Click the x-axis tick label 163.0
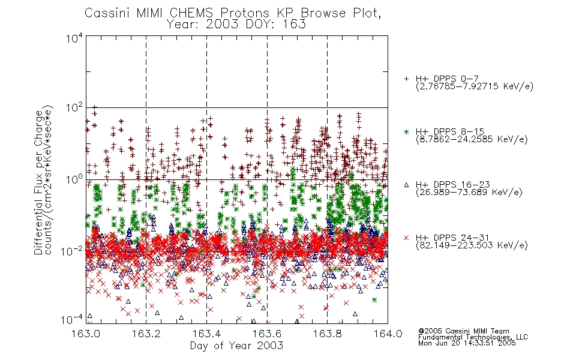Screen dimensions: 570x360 86,334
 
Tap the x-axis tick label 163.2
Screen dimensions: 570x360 146,334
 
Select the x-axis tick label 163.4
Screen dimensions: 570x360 207,334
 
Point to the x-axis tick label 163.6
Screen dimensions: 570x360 267,334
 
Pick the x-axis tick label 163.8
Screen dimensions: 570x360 328,334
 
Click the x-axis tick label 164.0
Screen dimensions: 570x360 388,334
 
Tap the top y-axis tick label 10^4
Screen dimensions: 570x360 74,38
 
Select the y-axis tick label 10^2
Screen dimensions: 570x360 74,108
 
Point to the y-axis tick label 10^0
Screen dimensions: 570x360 74,179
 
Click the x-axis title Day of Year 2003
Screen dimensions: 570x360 236,346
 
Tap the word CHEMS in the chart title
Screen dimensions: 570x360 191,13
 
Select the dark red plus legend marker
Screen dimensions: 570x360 406,79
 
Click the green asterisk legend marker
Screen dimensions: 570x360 406,131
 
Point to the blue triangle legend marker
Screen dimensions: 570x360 406,185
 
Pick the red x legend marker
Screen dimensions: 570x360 406,238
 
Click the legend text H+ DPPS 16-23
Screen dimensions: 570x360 452,185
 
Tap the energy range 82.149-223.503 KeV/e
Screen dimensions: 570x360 472,245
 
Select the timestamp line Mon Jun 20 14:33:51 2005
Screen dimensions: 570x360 467,343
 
